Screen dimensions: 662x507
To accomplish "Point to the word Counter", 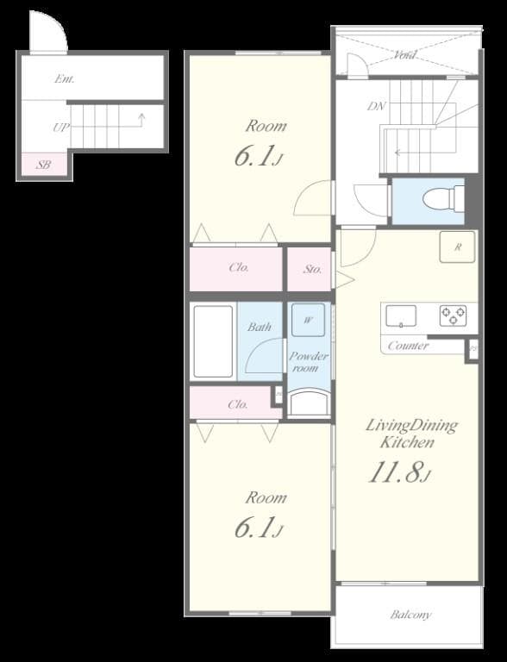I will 408,346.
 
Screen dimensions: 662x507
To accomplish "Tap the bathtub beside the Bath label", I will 212,340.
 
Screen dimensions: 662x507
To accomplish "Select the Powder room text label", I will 308,362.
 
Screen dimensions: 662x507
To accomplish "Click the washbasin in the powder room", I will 308,403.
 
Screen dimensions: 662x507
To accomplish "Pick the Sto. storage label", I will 312,269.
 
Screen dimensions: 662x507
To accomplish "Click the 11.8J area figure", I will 400,473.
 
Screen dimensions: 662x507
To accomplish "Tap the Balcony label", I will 410,615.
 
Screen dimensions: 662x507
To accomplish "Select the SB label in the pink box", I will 41,165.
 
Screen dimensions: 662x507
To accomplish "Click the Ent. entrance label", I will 65,78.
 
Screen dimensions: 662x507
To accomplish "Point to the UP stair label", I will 59,128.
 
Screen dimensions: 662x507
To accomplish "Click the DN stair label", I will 375,107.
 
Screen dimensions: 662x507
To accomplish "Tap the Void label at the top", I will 405,55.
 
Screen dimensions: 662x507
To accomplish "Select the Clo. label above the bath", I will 239,267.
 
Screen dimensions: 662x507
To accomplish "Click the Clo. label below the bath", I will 238,403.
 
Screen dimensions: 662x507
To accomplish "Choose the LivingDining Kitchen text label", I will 411,434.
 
